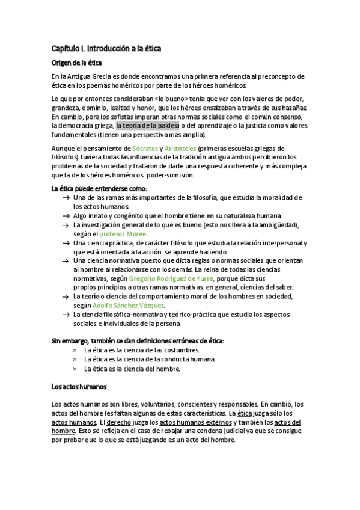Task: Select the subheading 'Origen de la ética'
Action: pyautogui.click(x=76, y=63)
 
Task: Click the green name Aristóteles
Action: pyautogui.click(x=180, y=148)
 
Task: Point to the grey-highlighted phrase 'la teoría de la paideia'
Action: pyautogui.click(x=147, y=126)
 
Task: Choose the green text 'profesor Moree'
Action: pyautogui.click(x=123, y=233)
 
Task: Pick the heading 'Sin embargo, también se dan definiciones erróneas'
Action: pyautogui.click(x=138, y=341)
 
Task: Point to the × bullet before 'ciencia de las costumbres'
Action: pyautogui.click(x=75, y=350)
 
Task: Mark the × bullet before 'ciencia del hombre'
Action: pyautogui.click(x=75, y=369)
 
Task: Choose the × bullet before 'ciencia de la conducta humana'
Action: pyautogui.click(x=75, y=360)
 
